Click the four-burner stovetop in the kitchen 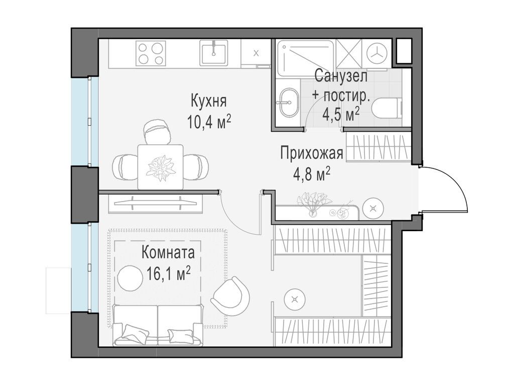pos(151,53)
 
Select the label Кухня pos(208,101)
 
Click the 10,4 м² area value pos(209,121)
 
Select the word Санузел pos(341,76)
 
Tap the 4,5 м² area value pos(341,114)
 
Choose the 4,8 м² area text pos(311,174)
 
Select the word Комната pos(168,251)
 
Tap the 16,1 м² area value pos(168,273)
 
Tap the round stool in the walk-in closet pos(295,300)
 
